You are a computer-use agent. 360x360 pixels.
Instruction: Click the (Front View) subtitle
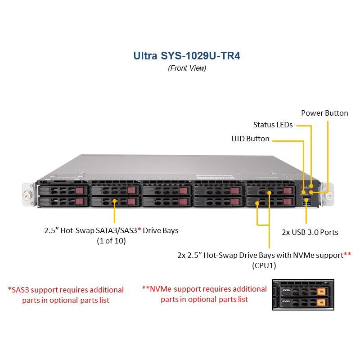pos(187,68)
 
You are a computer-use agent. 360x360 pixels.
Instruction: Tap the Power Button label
pos(324,113)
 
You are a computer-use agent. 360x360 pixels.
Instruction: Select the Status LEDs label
pos(273,125)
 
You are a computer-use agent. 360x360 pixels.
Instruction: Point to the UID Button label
pos(250,139)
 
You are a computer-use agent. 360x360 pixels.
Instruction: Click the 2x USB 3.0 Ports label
pos(310,232)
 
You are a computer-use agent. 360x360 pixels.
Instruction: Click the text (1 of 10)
pos(111,241)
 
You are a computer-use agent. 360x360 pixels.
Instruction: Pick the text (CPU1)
pos(264,265)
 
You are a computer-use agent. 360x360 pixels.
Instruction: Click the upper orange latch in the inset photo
pos(321,291)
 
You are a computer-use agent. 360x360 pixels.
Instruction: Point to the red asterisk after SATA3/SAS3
pos(139,230)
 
